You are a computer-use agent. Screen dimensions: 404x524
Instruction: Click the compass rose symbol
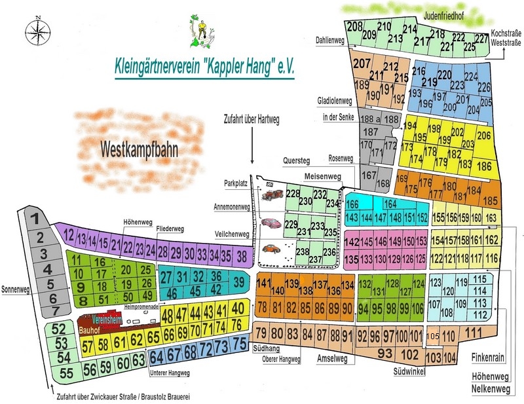39,29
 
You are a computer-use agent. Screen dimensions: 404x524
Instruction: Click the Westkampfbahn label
140,149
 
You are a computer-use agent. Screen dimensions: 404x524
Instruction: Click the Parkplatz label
235,184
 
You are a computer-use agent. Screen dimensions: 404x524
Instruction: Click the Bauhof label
88,331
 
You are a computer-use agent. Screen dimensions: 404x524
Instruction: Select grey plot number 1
38,220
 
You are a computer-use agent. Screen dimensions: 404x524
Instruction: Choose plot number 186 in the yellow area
484,166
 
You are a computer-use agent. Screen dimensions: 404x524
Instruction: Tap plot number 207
362,64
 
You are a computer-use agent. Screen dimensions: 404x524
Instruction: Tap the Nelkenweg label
491,390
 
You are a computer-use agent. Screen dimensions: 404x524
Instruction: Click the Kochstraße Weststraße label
506,37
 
